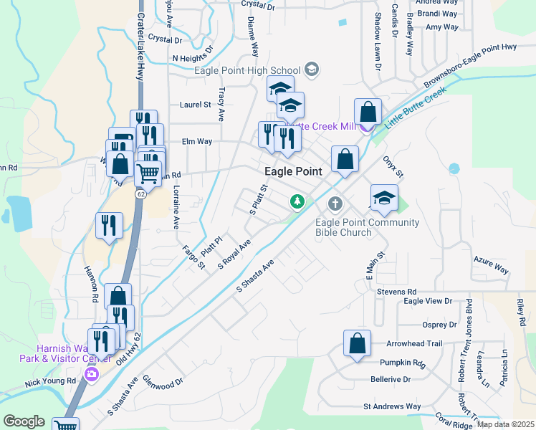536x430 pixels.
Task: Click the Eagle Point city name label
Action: coord(293,171)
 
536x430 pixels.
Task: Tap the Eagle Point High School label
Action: coord(247,70)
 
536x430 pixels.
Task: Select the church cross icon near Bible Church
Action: coord(335,204)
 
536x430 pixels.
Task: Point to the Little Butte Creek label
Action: coord(415,107)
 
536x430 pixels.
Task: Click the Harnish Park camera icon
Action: coord(91,374)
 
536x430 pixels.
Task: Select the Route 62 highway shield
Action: coord(141,193)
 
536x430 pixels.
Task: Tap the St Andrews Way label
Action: coord(392,406)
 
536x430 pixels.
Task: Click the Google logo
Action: coord(24,421)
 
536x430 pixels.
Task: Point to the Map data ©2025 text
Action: coord(505,424)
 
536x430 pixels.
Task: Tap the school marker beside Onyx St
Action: coord(384,198)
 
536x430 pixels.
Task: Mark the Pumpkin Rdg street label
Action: coord(403,363)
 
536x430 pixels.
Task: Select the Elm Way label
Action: coord(197,142)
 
